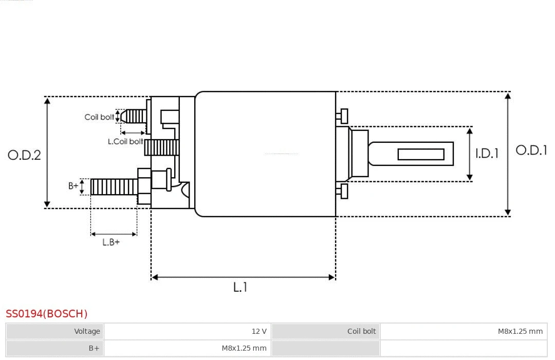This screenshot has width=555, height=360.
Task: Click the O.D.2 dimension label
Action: click(x=24, y=155)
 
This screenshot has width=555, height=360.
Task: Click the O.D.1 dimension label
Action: click(x=531, y=150)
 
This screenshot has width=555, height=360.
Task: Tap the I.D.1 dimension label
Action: click(x=487, y=153)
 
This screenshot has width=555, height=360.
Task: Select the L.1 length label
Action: click(x=240, y=287)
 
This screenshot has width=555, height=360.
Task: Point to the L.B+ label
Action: click(x=111, y=242)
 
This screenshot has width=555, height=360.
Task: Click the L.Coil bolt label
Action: click(x=125, y=141)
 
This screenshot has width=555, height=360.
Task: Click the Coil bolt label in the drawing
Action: click(x=99, y=117)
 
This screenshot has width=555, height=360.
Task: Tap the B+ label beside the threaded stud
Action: click(x=73, y=186)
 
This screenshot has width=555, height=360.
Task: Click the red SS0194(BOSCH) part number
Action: click(x=47, y=314)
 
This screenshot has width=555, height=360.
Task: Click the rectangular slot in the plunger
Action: click(x=421, y=154)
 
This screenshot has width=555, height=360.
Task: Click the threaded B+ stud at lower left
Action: click(x=114, y=187)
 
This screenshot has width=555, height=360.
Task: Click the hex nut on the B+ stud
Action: click(x=144, y=186)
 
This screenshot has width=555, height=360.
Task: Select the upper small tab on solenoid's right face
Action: click(x=343, y=116)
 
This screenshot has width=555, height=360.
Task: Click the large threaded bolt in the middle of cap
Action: click(x=161, y=148)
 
